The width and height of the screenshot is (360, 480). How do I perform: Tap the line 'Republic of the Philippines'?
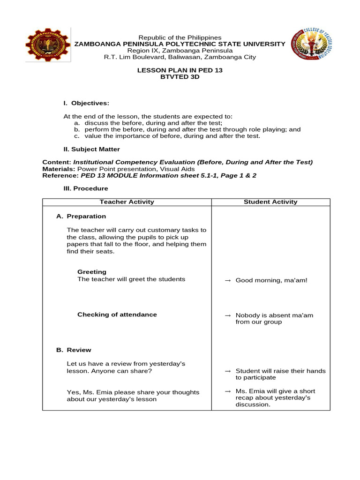click(180, 37)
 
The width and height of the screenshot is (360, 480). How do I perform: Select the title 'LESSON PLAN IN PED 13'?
click(180, 70)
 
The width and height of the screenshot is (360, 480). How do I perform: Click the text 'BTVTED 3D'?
click(180, 77)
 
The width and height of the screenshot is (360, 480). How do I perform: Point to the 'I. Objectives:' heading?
click(86, 103)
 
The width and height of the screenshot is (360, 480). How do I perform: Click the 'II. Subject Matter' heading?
click(92, 149)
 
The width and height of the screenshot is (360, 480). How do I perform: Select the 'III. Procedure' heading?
click(86, 188)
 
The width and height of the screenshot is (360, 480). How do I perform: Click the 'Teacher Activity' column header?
click(127, 202)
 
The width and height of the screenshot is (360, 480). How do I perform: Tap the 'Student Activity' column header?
click(270, 202)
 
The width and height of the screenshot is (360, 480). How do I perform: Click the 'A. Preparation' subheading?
click(81, 217)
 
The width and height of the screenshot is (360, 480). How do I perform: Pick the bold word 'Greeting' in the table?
click(92, 272)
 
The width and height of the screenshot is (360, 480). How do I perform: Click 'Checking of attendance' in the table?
click(117, 315)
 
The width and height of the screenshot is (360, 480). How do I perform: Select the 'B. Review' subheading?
click(74, 350)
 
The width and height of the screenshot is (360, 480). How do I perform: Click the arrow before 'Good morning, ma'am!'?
click(228, 280)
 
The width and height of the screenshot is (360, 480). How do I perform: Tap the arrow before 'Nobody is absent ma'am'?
click(228, 315)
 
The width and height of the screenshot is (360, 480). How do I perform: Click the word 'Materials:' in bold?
click(59, 169)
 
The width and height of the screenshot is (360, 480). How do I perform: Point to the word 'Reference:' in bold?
click(60, 175)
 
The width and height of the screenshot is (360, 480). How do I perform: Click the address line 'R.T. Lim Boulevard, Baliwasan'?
click(180, 57)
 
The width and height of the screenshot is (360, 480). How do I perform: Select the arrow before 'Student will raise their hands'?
click(228, 371)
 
